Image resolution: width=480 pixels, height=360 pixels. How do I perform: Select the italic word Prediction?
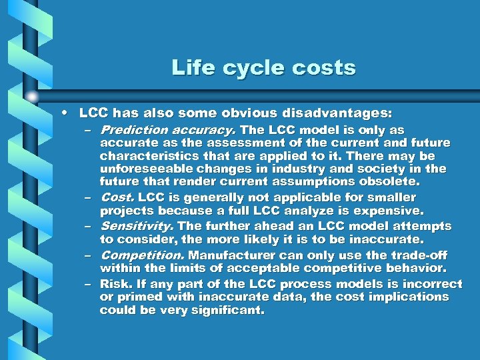pyautogui.click(x=133, y=130)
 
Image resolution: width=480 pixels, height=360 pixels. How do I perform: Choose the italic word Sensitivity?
pyautogui.click(x=137, y=227)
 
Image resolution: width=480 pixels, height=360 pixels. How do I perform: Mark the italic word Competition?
pyautogui.click(x=143, y=255)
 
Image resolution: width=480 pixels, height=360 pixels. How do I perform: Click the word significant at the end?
pyautogui.click(x=228, y=310)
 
